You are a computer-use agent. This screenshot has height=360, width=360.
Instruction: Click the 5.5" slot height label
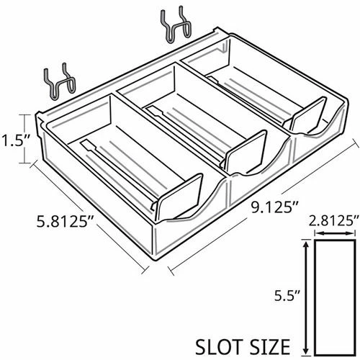pyautogui.click(x=287, y=297)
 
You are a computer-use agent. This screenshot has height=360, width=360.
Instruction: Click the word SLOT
pyautogui.click(x=218, y=346)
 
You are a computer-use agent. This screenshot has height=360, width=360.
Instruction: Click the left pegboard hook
pyautogui.click(x=60, y=83)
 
